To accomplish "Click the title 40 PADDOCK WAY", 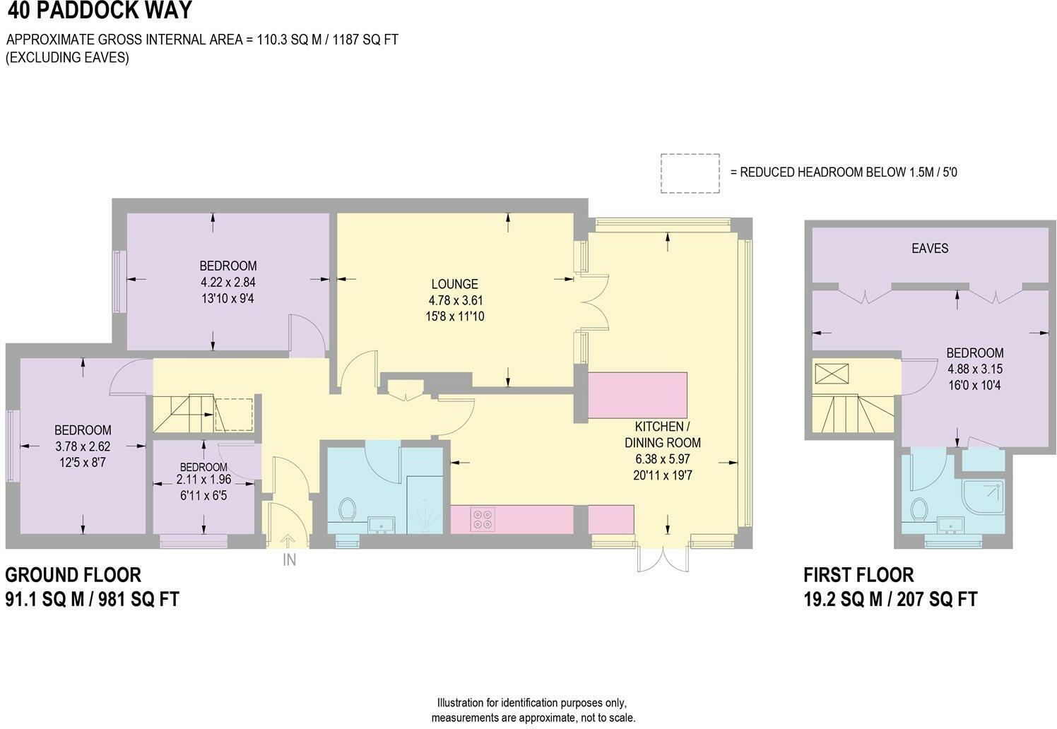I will tap(99, 11).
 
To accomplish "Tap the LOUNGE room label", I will tap(455, 284).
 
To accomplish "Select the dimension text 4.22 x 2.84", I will tap(228, 282).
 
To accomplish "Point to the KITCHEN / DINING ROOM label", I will tap(662, 435).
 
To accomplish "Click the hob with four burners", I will tap(482, 519).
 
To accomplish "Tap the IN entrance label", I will tap(289, 560).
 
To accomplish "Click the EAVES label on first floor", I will tap(929, 249).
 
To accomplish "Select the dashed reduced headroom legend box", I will tap(690, 173).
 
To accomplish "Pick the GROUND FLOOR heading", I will tap(73, 574).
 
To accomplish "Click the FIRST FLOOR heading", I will tap(858, 574).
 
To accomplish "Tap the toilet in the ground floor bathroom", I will tap(347, 509).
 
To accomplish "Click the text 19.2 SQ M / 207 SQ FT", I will tap(890, 599).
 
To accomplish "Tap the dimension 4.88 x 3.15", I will tap(975, 369).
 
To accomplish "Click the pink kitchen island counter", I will tap(638, 396).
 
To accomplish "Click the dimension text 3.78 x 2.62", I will tap(83, 446).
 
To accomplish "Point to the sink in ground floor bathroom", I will tap(382, 524).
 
